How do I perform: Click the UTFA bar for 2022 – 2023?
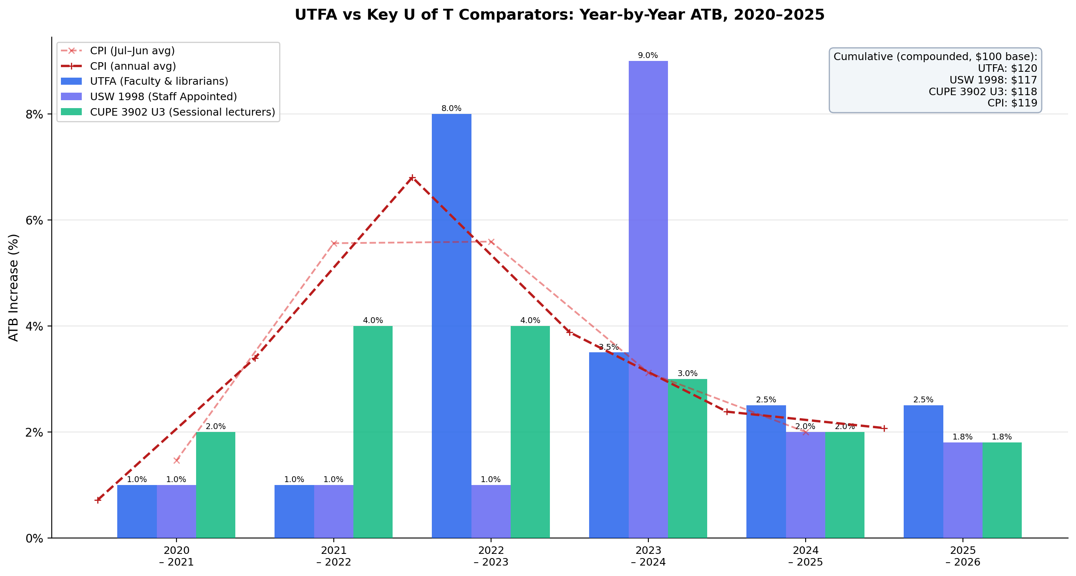tap(451, 326)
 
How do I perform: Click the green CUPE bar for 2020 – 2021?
tap(216, 485)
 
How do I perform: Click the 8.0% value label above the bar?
tap(451, 109)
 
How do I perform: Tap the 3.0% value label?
tap(687, 374)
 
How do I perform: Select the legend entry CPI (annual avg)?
tap(133, 66)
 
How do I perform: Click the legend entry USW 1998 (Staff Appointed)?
tap(163, 96)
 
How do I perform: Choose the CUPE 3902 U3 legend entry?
tap(182, 112)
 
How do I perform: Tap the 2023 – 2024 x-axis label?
tap(648, 556)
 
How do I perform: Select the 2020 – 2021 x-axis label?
tap(176, 556)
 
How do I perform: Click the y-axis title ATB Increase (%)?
tap(14, 288)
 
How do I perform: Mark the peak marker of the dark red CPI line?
tap(412, 178)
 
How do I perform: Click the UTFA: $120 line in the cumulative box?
tap(1007, 68)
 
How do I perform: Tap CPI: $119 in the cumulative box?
tap(1012, 103)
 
